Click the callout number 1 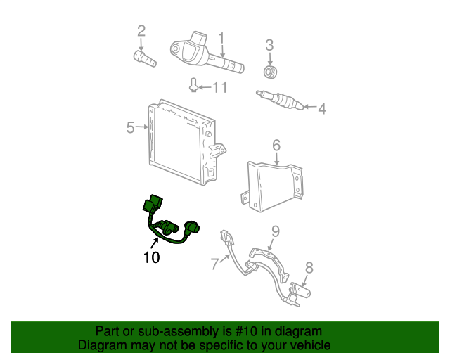[220, 37]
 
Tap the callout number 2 [141, 30]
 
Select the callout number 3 [269, 46]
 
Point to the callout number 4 [322, 108]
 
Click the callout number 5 [130, 127]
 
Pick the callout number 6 [276, 145]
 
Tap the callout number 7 [215, 264]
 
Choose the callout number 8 [308, 267]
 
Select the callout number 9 [276, 231]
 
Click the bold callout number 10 [151, 257]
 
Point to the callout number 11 [220, 87]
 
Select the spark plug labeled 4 [281, 101]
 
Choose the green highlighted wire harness [169, 223]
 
